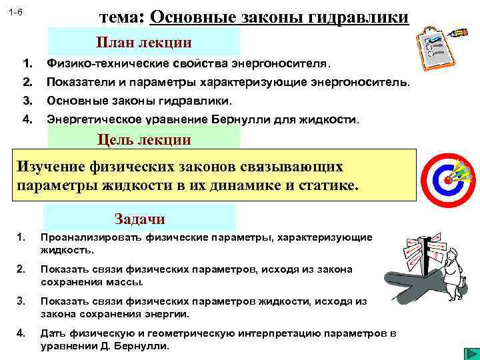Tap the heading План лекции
pyautogui.click(x=143, y=43)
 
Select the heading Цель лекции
pyautogui.click(x=144, y=139)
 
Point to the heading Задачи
pyautogui.click(x=139, y=219)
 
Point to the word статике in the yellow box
pyautogui.click(x=327, y=184)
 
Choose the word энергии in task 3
pyautogui.click(x=170, y=313)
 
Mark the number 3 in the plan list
pyautogui.click(x=27, y=101)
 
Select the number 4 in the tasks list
pyautogui.click(x=21, y=333)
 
